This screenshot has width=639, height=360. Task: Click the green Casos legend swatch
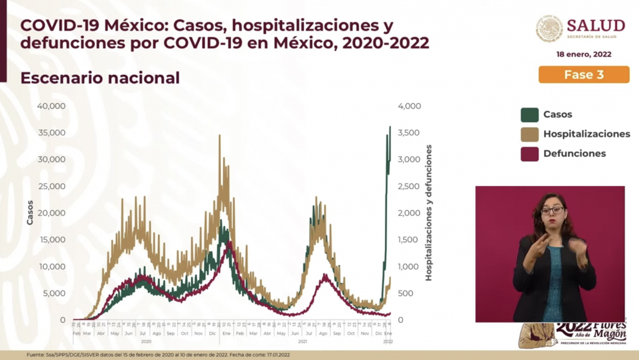tap(529, 115)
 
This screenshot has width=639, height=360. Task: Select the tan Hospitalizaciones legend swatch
tap(529, 134)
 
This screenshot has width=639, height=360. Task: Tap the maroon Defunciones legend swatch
tap(529, 153)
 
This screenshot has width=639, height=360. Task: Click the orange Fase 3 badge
tap(583, 75)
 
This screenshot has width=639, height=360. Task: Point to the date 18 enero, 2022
tap(583, 54)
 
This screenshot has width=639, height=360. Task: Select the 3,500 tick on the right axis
tap(409, 133)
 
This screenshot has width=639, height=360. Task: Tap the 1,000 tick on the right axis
tap(409, 266)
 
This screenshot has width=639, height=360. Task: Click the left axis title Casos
tap(29, 212)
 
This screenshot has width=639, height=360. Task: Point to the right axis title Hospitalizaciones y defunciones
tap(429, 212)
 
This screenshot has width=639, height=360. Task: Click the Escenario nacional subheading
tap(100, 78)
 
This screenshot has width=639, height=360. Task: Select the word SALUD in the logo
tap(595, 26)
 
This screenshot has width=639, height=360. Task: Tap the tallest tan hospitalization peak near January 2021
tap(220, 136)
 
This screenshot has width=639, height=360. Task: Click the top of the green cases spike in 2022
tap(390, 127)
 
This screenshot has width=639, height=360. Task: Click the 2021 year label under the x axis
tap(303, 341)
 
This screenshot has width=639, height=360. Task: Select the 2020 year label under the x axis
tap(146, 341)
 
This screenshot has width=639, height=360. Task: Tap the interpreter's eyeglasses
tap(552, 211)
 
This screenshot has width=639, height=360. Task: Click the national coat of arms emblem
tap(549, 29)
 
